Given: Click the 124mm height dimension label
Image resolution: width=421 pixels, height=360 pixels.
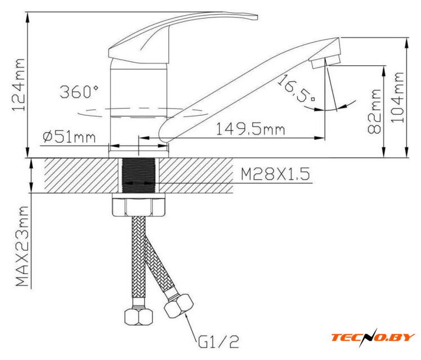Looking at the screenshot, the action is click(x=18, y=85).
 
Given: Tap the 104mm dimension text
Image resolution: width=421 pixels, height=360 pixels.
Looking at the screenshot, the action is click(x=397, y=97).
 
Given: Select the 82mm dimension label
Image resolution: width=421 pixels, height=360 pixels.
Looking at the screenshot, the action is click(x=374, y=111).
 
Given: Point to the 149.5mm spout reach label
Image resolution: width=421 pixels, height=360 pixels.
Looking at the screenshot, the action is click(x=250, y=129).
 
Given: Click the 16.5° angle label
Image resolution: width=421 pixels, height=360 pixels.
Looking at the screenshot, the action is click(x=295, y=88).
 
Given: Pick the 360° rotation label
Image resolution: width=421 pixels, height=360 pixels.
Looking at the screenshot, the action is click(x=79, y=92).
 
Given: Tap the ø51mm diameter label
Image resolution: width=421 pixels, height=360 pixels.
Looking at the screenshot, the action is click(x=69, y=137).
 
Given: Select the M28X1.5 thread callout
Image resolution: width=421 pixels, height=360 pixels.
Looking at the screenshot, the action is click(x=275, y=174).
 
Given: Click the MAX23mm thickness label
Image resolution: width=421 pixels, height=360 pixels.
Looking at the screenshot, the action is click(x=22, y=246).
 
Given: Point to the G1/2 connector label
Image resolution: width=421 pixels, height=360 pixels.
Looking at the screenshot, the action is click(x=218, y=342).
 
